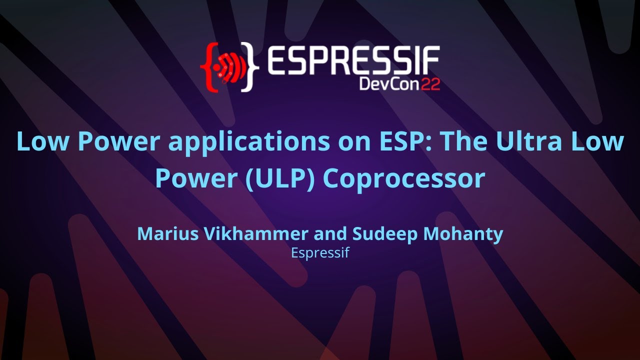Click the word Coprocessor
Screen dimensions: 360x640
[x=403, y=179]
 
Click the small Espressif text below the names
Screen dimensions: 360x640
[x=319, y=253]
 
